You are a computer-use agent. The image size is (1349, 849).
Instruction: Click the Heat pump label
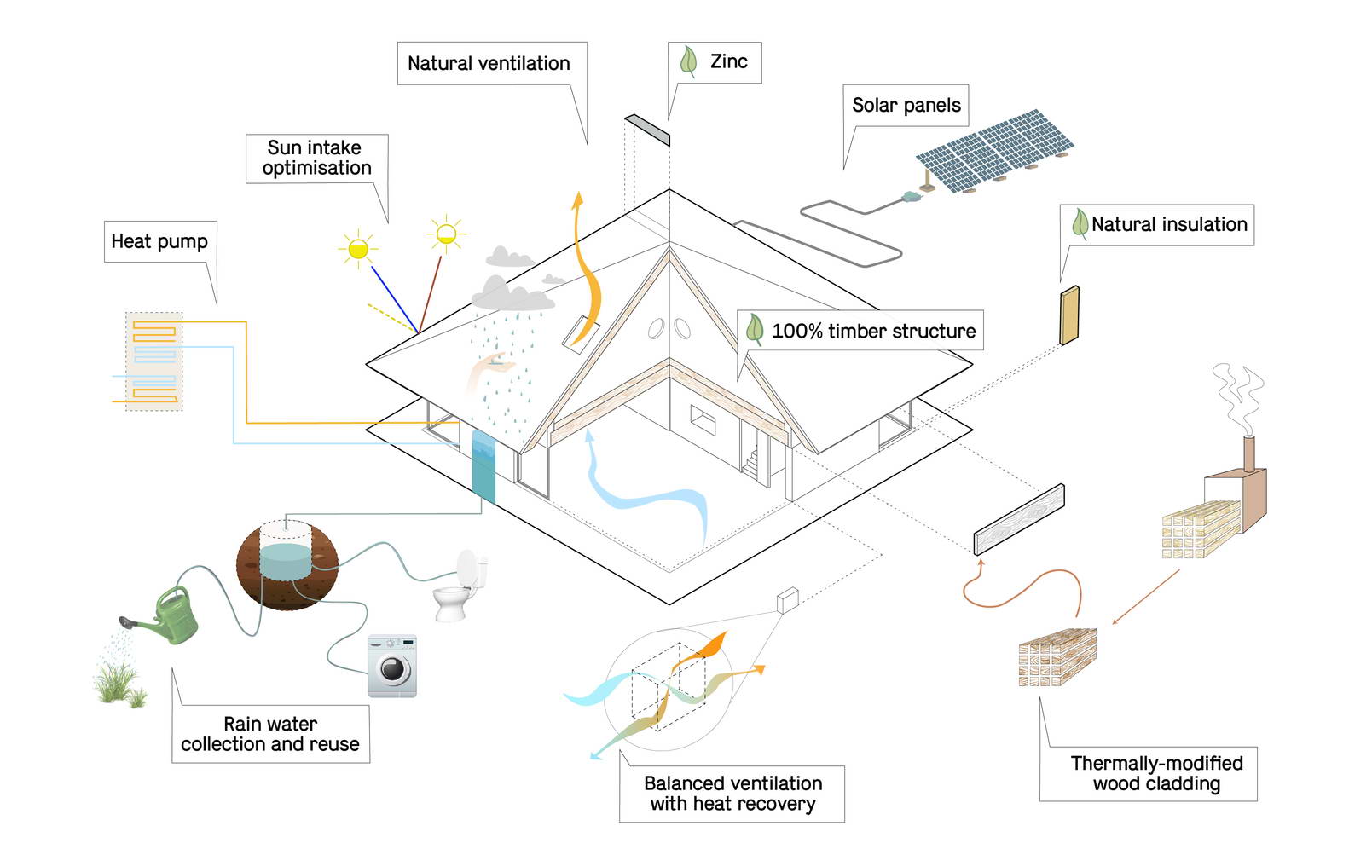point(159,241)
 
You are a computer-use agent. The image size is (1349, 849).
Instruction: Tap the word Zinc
point(729,61)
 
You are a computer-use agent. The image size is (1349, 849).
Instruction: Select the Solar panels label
point(906,106)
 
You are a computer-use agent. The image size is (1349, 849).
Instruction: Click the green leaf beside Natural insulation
point(1080,224)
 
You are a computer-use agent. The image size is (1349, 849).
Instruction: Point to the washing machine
point(392,666)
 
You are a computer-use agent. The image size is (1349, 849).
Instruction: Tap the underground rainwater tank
point(287,565)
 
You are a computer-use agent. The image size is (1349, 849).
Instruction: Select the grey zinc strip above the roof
point(647,130)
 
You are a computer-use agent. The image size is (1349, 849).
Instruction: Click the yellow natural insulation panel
point(1069,315)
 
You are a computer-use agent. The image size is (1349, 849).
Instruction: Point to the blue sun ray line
point(395,299)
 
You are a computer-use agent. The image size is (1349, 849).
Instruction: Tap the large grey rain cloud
point(512,294)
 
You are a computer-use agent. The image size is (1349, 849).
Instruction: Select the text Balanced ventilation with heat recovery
point(733,794)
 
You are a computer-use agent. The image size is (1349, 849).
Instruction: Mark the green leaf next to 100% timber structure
point(755,330)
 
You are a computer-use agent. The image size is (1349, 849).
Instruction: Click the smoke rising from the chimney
point(1237,398)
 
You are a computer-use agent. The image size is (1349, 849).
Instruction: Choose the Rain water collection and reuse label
point(270,734)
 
